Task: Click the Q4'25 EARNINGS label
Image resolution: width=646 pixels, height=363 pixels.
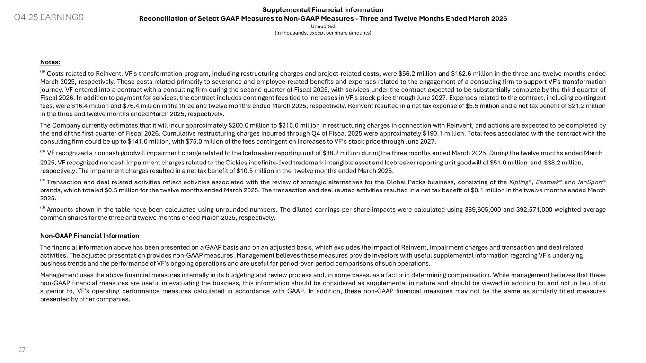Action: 48,17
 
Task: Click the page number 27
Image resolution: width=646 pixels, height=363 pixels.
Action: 22,350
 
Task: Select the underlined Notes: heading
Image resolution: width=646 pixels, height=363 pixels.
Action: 50,62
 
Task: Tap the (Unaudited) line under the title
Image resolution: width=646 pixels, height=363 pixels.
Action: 323,26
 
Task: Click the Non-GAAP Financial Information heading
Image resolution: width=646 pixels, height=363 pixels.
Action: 89,236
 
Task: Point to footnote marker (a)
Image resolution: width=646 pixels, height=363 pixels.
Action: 43,72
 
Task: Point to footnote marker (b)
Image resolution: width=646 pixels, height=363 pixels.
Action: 43,152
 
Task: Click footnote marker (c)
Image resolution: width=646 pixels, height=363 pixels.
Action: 43,180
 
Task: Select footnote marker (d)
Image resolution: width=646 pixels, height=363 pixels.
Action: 43,208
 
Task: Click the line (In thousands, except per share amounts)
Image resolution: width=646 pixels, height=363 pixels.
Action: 323,33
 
